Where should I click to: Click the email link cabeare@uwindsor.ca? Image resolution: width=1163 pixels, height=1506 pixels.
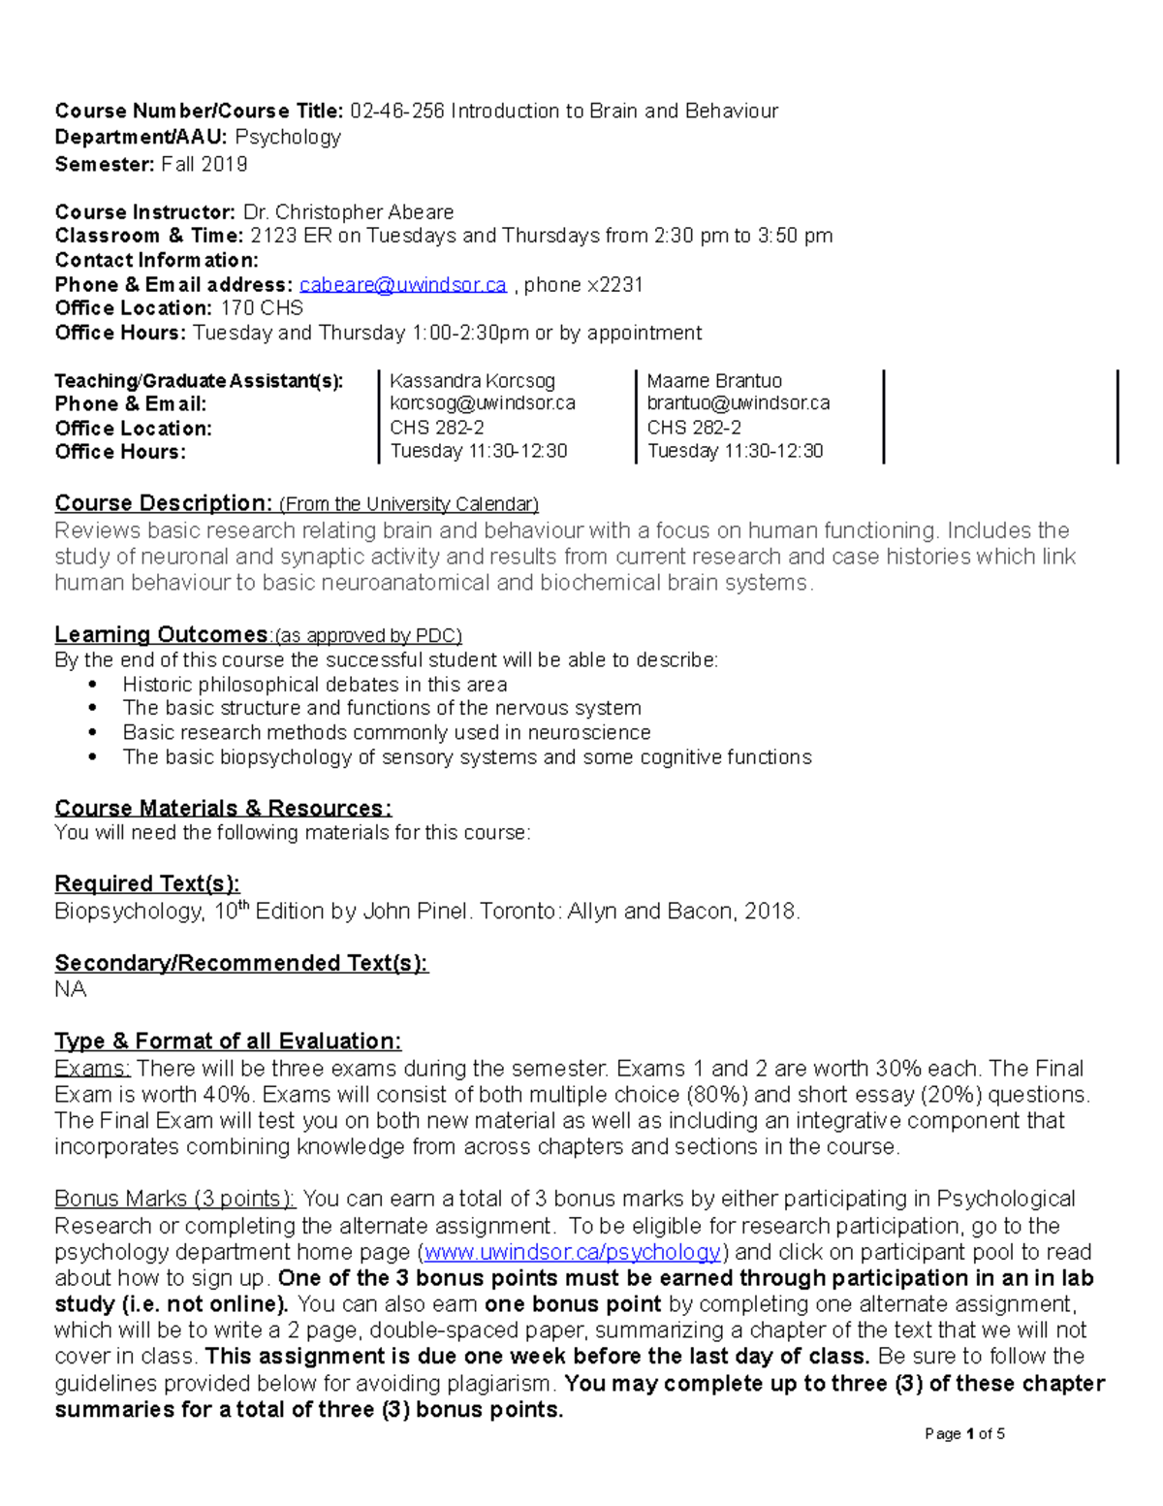coord(402,285)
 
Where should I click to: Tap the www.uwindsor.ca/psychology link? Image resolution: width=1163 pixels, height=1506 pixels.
coord(573,1252)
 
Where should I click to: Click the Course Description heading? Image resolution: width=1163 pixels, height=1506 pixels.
coord(163,503)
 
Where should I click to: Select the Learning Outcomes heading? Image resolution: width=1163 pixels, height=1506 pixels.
coord(161,635)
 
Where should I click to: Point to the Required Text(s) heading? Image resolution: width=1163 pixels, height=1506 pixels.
coord(146,883)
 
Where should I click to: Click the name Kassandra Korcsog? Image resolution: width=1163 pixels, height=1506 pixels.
coord(472,381)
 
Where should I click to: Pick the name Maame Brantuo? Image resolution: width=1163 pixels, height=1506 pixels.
coord(714,381)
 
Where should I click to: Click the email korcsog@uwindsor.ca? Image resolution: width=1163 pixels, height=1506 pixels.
coord(482,403)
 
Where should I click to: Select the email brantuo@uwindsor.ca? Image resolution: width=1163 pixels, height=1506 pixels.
coord(738,403)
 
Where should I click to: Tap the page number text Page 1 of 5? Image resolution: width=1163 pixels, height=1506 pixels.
coord(964,1433)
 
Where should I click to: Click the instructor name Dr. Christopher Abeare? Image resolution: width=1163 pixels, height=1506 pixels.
coord(348,212)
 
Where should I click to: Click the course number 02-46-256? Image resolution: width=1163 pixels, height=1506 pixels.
coord(397,112)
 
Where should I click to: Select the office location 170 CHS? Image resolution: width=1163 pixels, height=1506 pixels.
coord(262,308)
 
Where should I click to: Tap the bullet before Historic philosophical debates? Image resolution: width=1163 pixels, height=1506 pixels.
coord(93,685)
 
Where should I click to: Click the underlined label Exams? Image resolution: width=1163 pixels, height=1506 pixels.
coord(92,1069)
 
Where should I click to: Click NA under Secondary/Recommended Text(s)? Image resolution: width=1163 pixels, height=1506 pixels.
coord(70,989)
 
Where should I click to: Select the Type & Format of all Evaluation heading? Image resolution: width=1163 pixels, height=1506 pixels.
coord(228,1041)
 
